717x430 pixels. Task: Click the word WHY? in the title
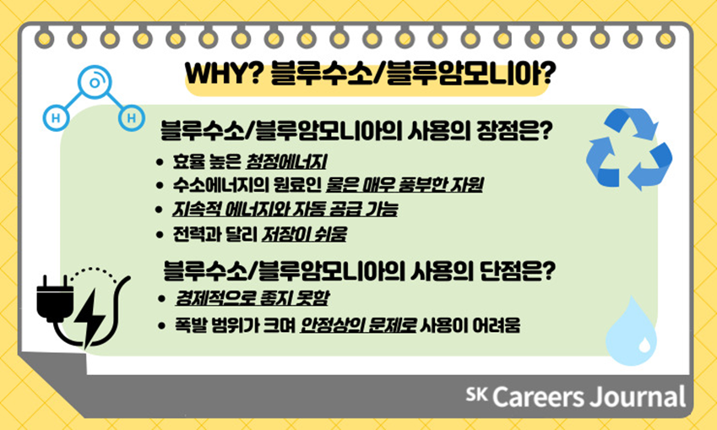[223, 73]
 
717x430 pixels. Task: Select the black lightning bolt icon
[90, 318]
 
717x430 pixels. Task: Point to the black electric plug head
[55, 298]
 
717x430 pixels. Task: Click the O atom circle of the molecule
[95, 83]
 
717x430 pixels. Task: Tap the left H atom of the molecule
[57, 118]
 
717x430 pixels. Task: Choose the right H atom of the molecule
[132, 118]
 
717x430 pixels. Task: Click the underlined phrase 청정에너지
[286, 162]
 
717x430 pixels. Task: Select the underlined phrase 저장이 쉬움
[304, 234]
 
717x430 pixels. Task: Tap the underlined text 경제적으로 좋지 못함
[252, 298]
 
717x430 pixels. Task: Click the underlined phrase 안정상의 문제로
[357, 325]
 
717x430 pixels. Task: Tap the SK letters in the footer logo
[477, 394]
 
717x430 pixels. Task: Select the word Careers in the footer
[538, 396]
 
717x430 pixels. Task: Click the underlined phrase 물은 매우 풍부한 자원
[405, 185]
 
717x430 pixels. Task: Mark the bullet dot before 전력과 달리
[160, 235]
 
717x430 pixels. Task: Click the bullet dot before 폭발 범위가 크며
[161, 326]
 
